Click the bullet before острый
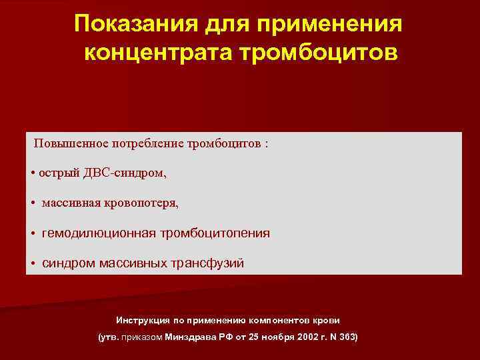(x=33, y=173)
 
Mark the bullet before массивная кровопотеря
(x=33, y=203)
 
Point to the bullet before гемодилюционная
(x=33, y=233)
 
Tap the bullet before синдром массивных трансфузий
(x=33, y=263)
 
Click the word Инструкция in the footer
(x=141, y=319)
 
